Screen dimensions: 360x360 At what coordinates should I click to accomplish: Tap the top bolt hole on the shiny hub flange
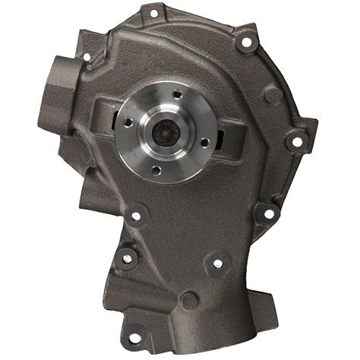tap(176, 96)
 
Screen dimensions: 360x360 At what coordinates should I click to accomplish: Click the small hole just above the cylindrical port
tap(86, 56)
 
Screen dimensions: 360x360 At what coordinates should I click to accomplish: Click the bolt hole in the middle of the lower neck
tap(218, 264)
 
